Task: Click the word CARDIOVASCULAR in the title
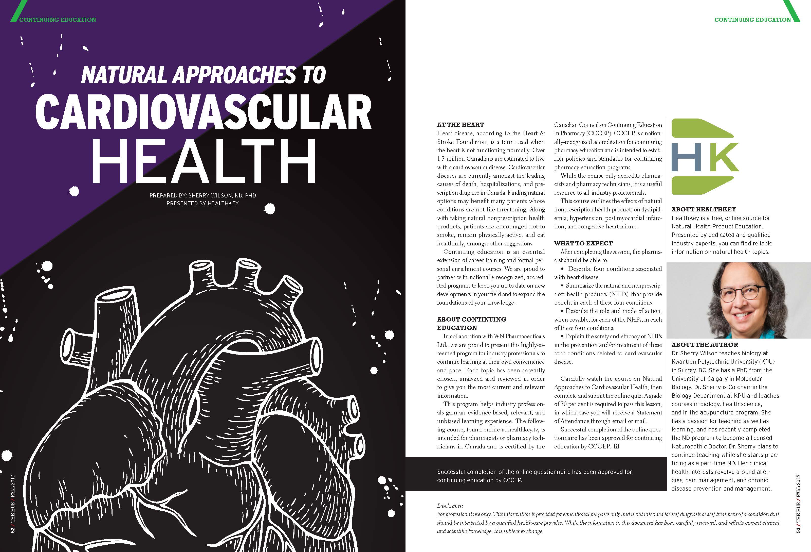point(204,112)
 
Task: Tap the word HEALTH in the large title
point(204,161)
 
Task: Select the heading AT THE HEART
point(460,125)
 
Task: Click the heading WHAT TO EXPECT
point(583,243)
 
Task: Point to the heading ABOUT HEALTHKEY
point(704,209)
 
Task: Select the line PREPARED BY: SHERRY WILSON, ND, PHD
point(202,196)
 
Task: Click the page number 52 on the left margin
point(13,530)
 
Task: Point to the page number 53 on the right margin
point(798,530)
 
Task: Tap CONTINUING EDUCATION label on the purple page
point(58,20)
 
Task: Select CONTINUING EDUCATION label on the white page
point(752,20)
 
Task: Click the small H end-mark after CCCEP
point(616,446)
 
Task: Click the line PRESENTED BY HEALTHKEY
point(202,203)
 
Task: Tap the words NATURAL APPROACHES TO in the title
point(204,75)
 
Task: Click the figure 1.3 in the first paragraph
point(441,159)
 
